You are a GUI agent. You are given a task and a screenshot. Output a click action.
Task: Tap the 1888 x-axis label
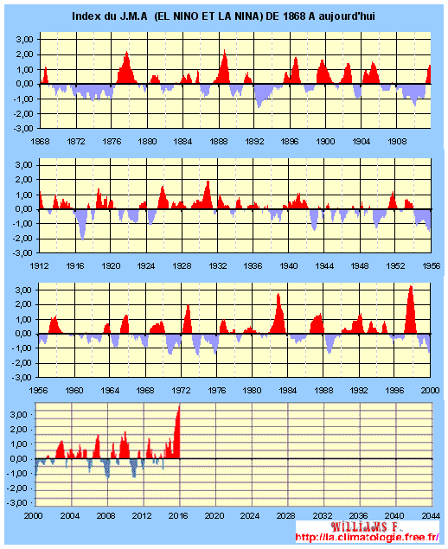tap(219, 142)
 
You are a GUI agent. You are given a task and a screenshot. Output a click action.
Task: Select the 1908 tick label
tap(397, 142)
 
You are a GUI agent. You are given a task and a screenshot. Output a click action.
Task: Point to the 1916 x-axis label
tap(75, 266)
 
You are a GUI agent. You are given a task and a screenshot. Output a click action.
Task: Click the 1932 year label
tap(218, 266)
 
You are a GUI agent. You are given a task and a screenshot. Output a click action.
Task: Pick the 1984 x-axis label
tap(288, 391)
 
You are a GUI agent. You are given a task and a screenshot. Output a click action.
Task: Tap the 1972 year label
tap(181, 391)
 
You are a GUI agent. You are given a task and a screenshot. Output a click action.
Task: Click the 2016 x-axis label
tap(178, 516)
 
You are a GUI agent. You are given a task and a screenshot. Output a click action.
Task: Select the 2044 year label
tap(431, 516)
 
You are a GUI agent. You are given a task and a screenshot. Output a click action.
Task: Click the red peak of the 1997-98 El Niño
tap(411, 287)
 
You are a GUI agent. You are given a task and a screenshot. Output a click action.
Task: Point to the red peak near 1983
tap(278, 295)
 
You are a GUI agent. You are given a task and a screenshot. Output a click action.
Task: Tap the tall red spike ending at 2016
tap(179, 407)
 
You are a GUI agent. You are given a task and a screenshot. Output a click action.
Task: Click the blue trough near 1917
tap(82, 239)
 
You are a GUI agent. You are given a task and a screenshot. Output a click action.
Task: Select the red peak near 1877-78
tap(126, 53)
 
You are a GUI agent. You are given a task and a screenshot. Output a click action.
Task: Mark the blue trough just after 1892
tap(259, 107)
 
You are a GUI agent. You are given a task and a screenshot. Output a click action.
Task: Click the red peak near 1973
tap(188, 306)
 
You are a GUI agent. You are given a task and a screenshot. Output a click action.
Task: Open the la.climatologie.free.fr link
tap(367, 538)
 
